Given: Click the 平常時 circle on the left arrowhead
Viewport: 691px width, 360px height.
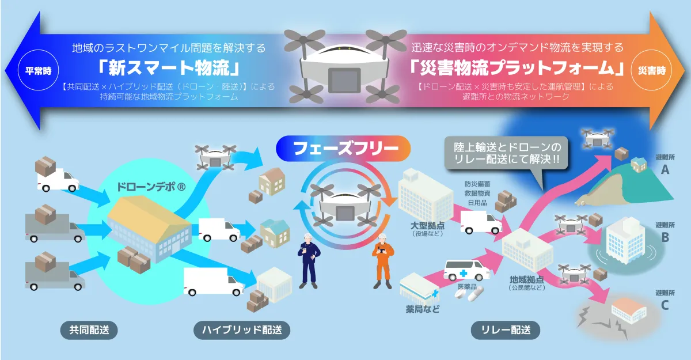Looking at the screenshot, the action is pyautogui.click(x=38, y=70).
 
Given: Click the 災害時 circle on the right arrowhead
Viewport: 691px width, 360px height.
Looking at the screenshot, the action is pyautogui.click(x=652, y=70).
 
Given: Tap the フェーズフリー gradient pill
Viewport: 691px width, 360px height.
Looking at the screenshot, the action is pyautogui.click(x=343, y=149).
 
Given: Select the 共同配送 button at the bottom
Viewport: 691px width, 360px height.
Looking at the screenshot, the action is pyautogui.click(x=89, y=330).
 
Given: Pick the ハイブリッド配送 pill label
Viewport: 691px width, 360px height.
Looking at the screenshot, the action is pyautogui.click(x=242, y=330).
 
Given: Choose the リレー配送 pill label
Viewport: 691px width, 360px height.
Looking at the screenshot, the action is pyautogui.click(x=506, y=330).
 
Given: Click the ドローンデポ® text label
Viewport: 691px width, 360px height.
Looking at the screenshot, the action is pyautogui.click(x=151, y=187).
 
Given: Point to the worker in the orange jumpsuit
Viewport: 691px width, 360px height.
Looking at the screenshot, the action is pyautogui.click(x=382, y=261).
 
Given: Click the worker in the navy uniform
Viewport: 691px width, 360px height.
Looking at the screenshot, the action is pyautogui.click(x=309, y=261).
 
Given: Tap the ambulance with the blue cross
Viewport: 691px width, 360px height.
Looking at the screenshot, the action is pyautogui.click(x=466, y=270).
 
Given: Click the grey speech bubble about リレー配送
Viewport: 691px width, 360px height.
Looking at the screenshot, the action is pyautogui.click(x=506, y=153).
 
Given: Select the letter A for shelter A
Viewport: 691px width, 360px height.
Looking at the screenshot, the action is pyautogui.click(x=665, y=170).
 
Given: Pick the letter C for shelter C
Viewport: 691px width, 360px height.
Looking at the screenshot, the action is pyautogui.click(x=665, y=305).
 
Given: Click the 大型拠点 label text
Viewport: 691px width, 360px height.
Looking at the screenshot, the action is pyautogui.click(x=427, y=225).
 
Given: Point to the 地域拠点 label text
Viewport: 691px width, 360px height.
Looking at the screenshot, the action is pyautogui.click(x=526, y=279).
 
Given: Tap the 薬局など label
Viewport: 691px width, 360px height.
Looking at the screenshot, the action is pyautogui.click(x=423, y=309).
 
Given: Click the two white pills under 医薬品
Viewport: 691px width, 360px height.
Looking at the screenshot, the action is pyautogui.click(x=469, y=293).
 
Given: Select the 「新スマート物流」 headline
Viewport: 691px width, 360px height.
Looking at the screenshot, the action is pyautogui.click(x=169, y=67).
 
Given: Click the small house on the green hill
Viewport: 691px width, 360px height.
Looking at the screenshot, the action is pyautogui.click(x=639, y=164).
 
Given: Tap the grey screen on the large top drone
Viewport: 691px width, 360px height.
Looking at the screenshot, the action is pyautogui.click(x=344, y=80).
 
